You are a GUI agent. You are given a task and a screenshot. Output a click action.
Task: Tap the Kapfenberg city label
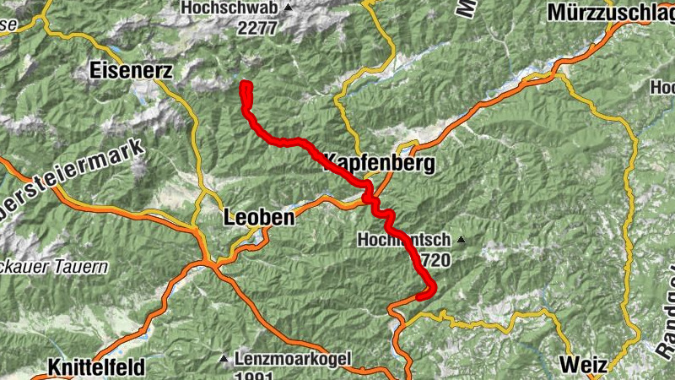379,163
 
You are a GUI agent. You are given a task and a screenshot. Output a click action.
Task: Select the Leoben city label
259,217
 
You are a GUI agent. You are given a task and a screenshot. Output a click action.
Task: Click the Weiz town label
583,366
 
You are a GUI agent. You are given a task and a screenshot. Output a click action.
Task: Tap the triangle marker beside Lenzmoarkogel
224,359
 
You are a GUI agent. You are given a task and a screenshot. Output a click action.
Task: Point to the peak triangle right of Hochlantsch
462,240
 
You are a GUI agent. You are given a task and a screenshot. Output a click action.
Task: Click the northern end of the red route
246,84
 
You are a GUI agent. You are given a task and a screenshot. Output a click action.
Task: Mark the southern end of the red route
420,296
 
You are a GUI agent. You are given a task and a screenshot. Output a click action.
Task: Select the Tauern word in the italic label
84,267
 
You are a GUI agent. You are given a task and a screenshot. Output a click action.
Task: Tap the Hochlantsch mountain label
405,240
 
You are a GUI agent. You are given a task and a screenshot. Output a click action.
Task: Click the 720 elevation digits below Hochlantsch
435,260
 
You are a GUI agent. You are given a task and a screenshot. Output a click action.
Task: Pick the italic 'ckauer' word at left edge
25,267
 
